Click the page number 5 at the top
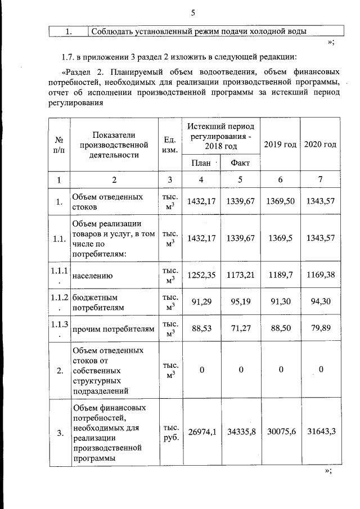(x=192, y=12)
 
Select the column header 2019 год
(x=280, y=145)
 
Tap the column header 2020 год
(x=321, y=145)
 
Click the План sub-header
(x=201, y=163)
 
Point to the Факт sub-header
(x=240, y=163)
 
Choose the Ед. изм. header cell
(x=170, y=145)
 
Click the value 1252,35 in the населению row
(x=201, y=276)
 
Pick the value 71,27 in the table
(x=240, y=328)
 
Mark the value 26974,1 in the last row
(x=201, y=432)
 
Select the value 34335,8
(x=240, y=432)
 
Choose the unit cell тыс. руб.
(x=170, y=432)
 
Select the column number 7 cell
(x=321, y=179)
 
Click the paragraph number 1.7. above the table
(x=68, y=57)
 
